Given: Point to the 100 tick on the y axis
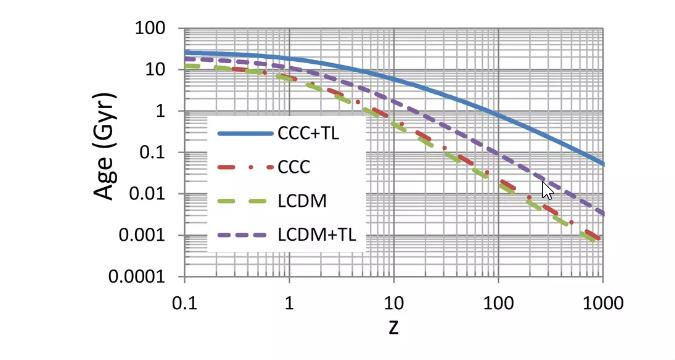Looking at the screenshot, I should pyautogui.click(x=157, y=27).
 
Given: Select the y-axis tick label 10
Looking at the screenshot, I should pyautogui.click(x=161, y=69).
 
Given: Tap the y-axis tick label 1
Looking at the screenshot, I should pyautogui.click(x=166, y=111).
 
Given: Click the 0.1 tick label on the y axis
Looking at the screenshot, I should pyautogui.click(x=159, y=152).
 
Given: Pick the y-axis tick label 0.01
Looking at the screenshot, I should pyautogui.click(x=154, y=194).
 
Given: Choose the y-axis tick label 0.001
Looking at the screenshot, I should pyautogui.click(x=150, y=236).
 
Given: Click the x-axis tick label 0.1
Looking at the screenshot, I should pyautogui.click(x=184, y=301).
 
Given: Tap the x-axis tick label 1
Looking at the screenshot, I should pyautogui.click(x=289, y=301).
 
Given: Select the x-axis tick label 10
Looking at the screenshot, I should pyautogui.click(x=393, y=301).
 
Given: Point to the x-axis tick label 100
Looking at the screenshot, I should pyautogui.click(x=498, y=301).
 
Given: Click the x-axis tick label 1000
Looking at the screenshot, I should pyautogui.click(x=602, y=301).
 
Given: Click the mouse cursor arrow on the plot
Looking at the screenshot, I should pyautogui.click(x=546, y=190).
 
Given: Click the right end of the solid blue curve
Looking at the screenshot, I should pyautogui.click(x=602, y=163).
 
